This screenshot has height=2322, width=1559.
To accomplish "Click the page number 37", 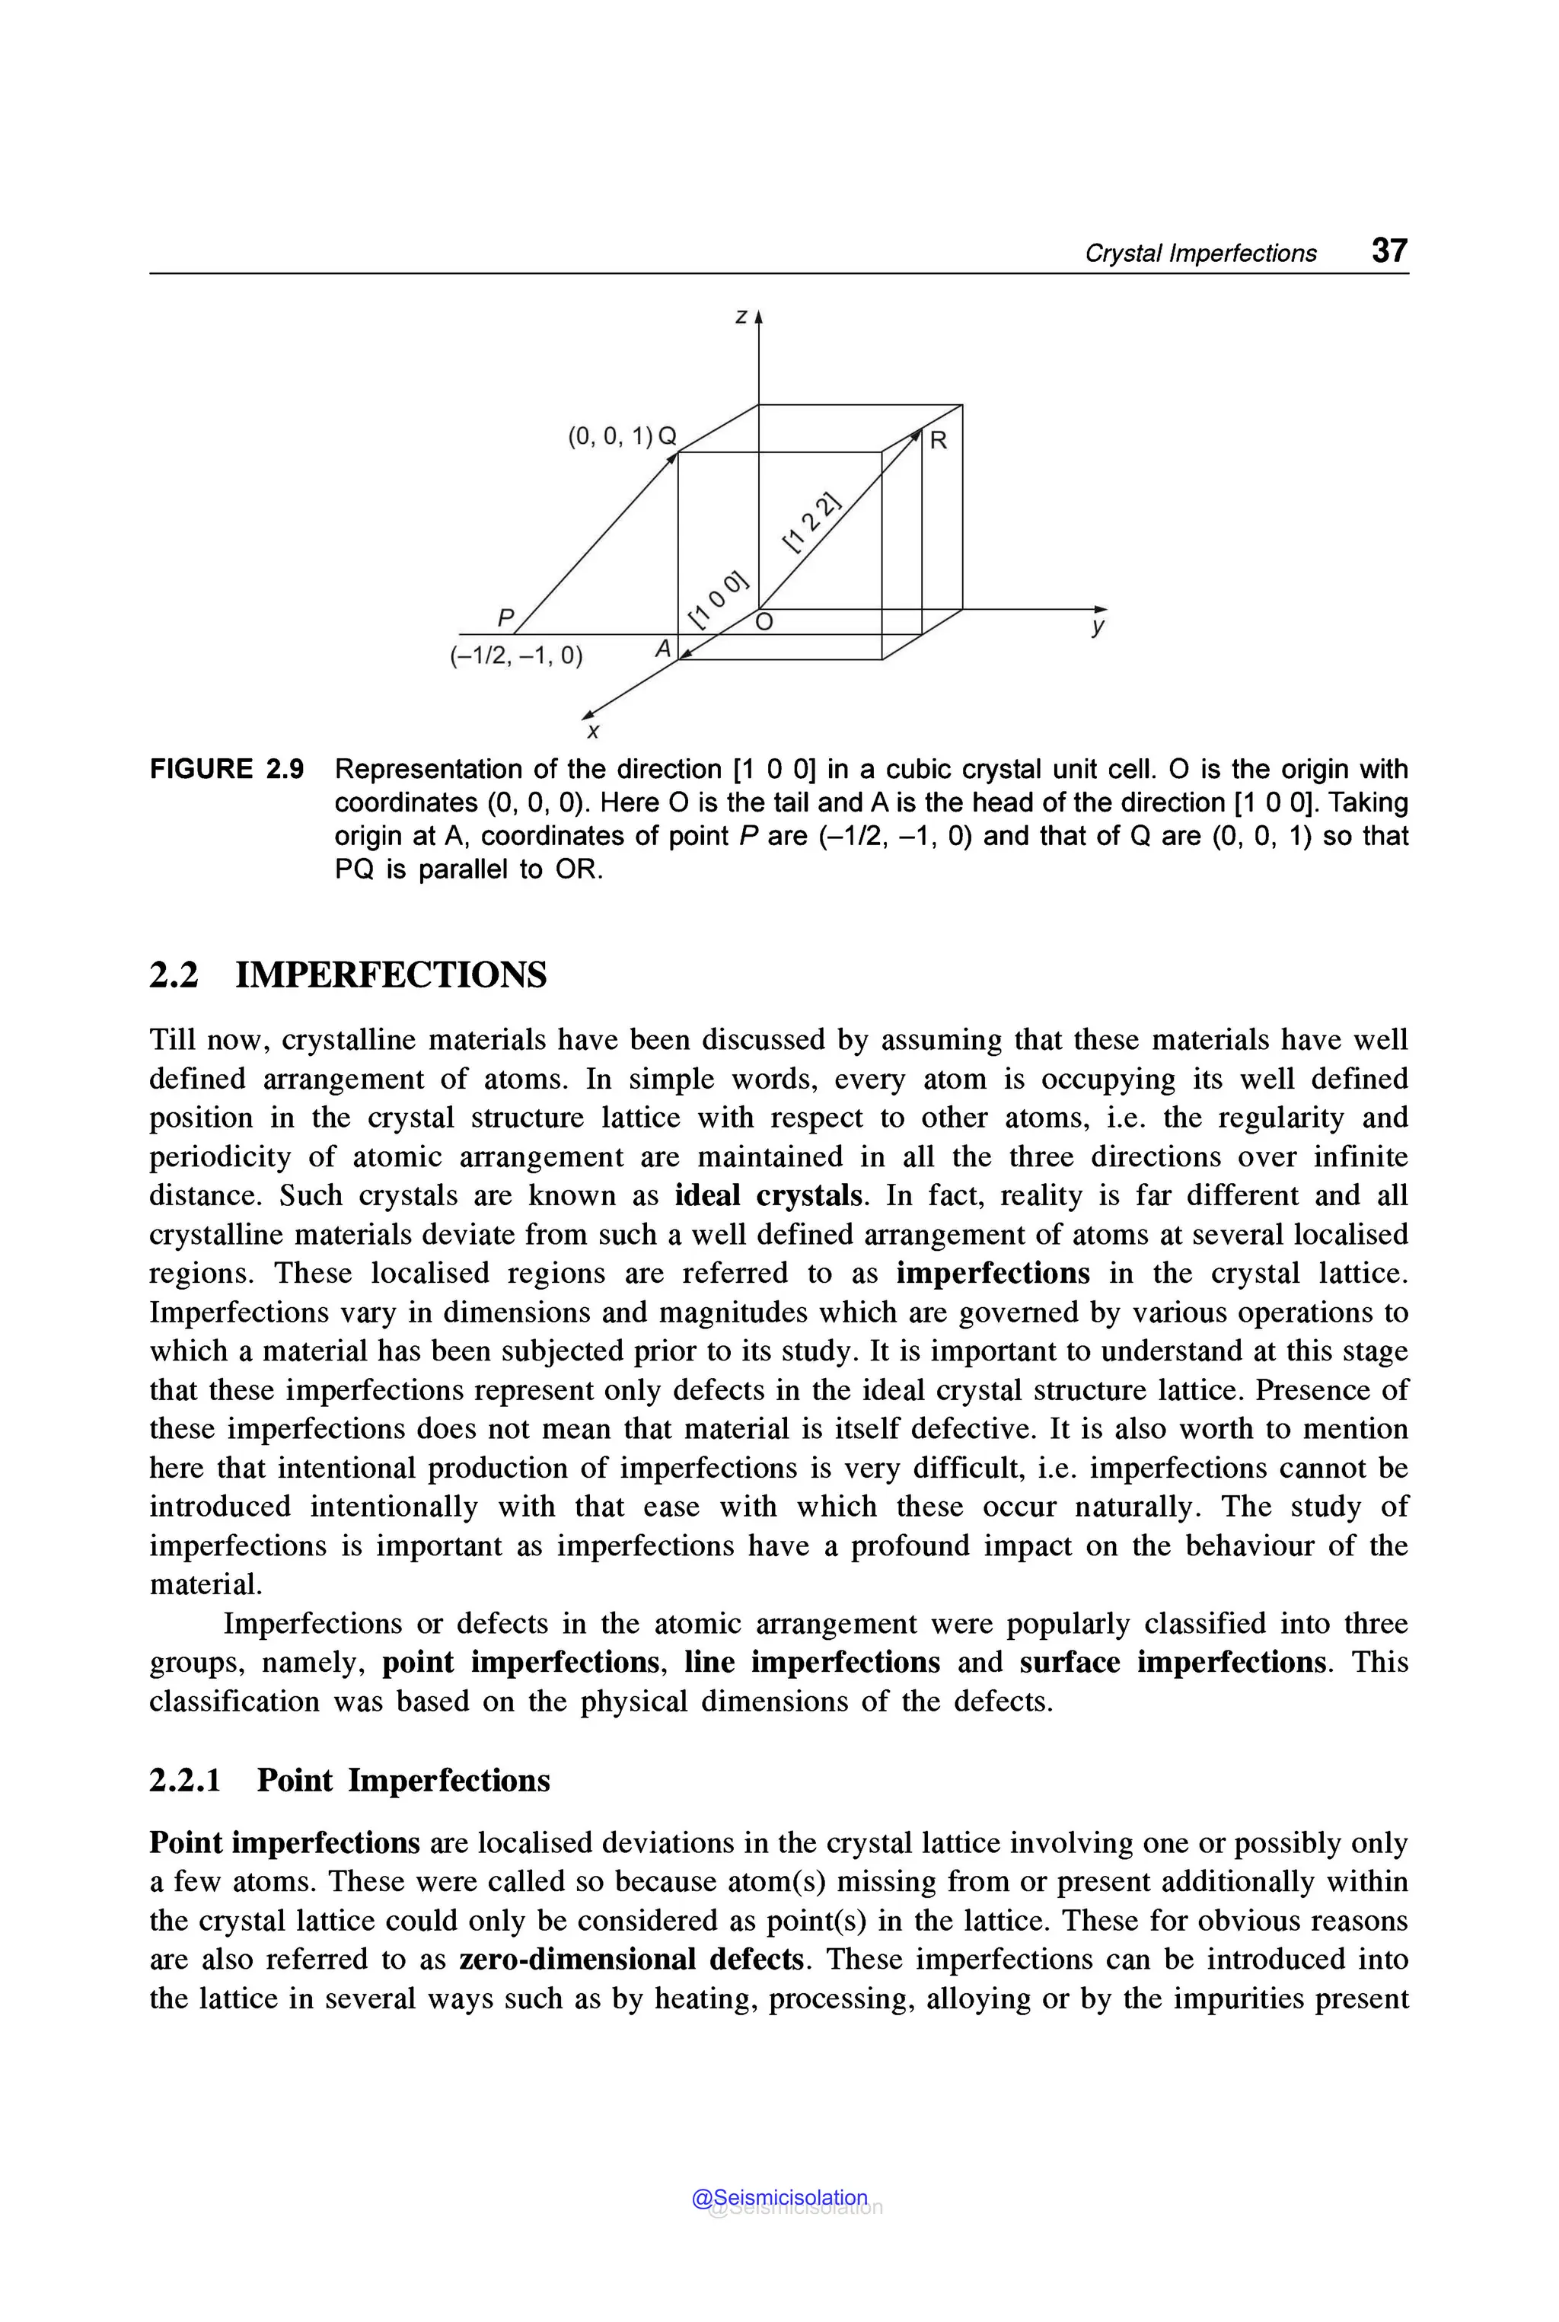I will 1389,250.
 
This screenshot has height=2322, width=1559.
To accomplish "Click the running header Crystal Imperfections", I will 1200,254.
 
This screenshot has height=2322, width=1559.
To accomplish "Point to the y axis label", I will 1098,627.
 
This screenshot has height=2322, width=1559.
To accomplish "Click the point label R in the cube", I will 938,441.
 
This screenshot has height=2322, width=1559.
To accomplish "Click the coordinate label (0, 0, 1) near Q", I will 610,436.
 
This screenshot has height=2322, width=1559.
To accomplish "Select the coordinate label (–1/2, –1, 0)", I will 516,656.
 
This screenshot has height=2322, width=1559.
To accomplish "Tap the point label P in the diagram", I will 505,618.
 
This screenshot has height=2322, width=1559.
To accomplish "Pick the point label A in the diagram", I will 663,649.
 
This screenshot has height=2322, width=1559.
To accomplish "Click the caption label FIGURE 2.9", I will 227,770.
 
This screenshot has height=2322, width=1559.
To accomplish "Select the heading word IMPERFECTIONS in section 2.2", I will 391,974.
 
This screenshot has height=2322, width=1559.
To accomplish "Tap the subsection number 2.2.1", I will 185,1780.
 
